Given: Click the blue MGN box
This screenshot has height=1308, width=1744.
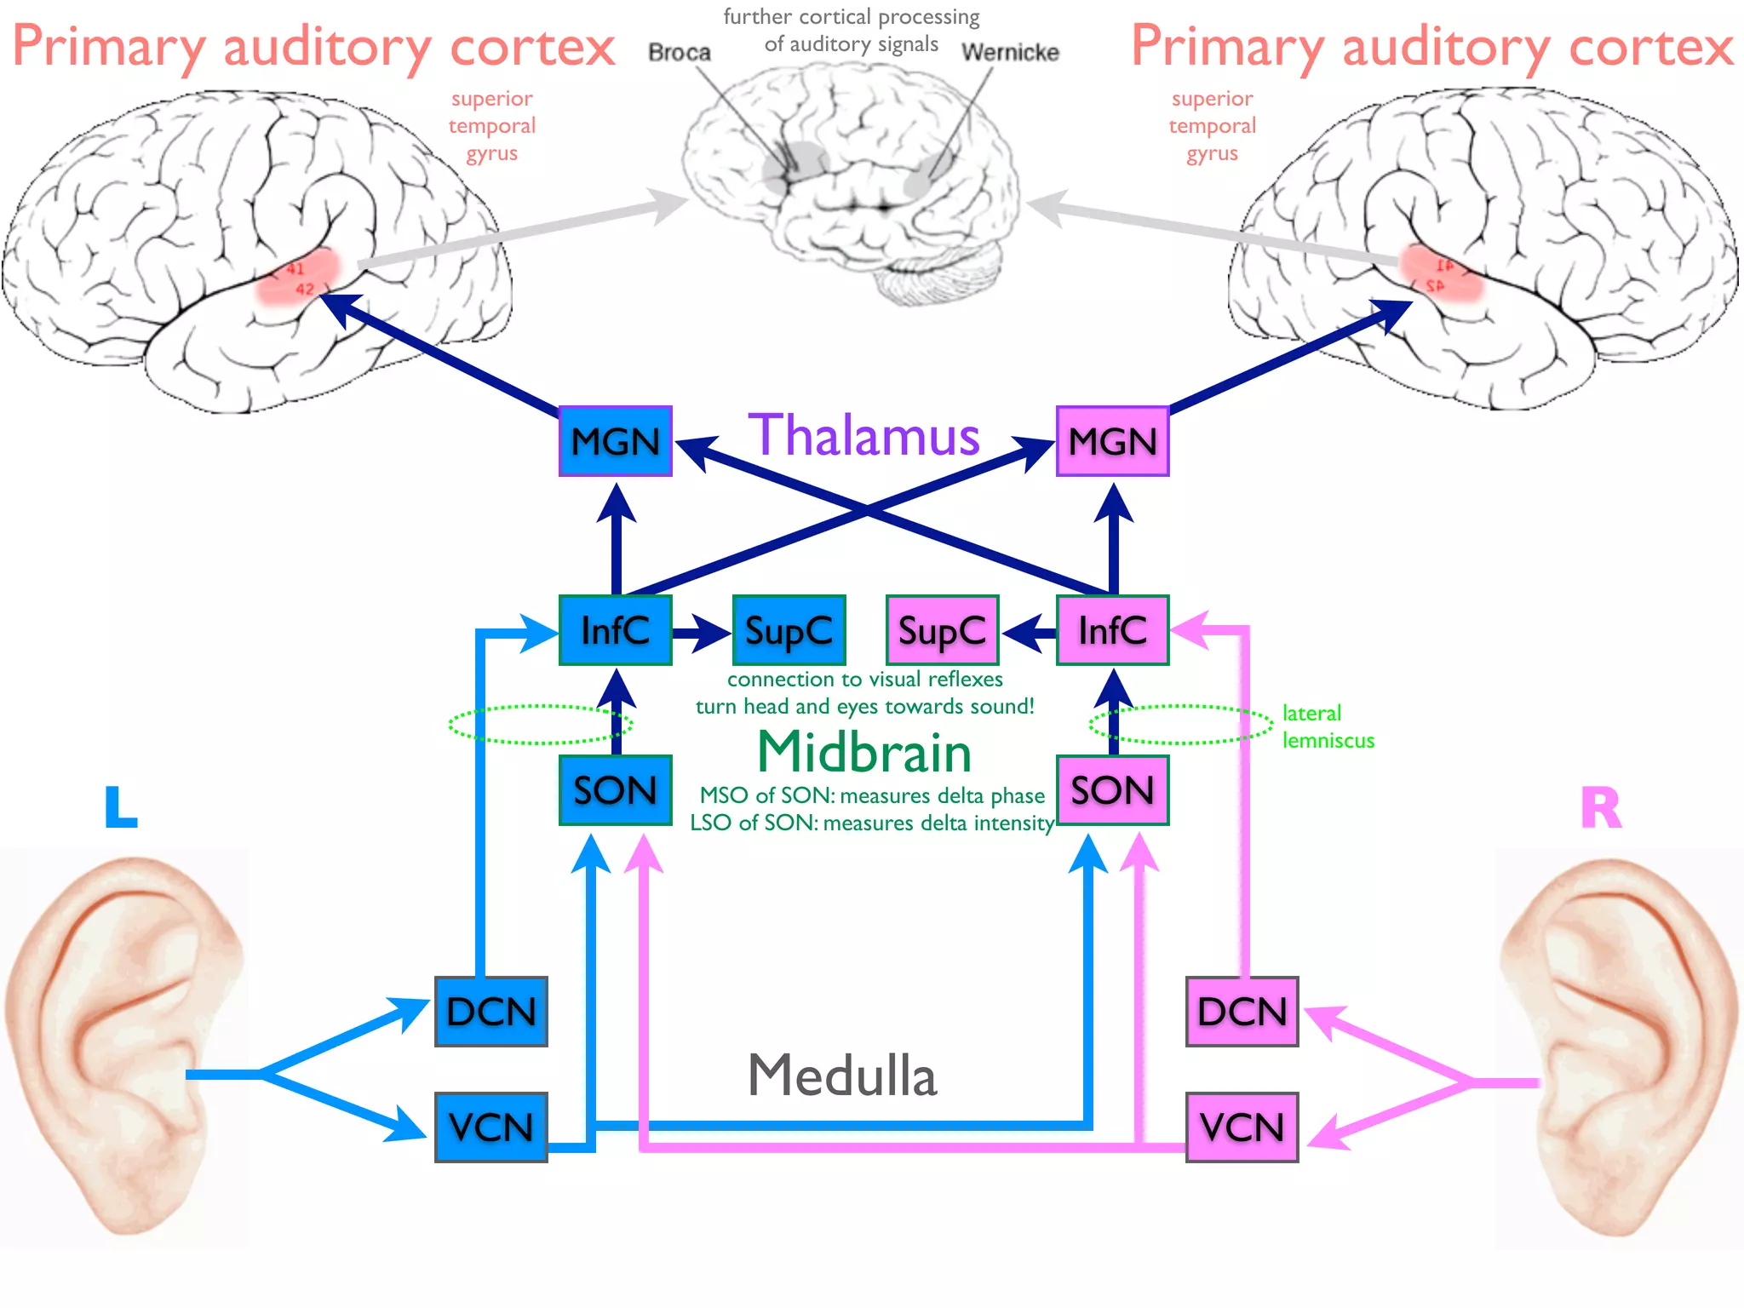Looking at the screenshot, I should (x=615, y=441).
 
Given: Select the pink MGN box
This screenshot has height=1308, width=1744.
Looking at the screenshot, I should (x=1112, y=441).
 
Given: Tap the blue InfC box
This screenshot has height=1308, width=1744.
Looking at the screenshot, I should (x=615, y=630).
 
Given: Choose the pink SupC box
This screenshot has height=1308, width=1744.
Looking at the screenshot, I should (x=942, y=630).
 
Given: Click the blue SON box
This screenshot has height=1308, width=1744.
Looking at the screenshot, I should (x=615, y=790).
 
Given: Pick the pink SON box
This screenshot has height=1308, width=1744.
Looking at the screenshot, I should (x=1112, y=790).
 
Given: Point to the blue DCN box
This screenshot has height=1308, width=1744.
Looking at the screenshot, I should (x=490, y=1012).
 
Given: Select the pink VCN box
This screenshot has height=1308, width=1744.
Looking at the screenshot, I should (x=1242, y=1127).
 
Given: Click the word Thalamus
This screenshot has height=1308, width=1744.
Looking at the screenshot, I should (x=863, y=436).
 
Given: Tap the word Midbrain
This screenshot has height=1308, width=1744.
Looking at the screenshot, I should (x=863, y=753).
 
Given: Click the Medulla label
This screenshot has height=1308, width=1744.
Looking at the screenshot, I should (x=841, y=1075).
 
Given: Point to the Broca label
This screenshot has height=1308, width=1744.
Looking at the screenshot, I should (x=679, y=53).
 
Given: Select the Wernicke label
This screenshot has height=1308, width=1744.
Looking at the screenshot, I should (x=1010, y=53).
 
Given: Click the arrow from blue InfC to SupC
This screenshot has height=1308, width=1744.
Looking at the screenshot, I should (x=702, y=633).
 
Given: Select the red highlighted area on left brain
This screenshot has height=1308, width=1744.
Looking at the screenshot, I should (x=298, y=274).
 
